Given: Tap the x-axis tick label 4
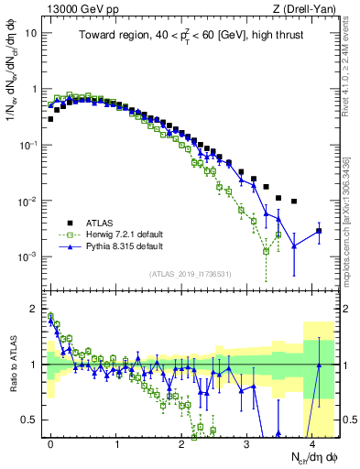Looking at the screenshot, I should click(x=311, y=442).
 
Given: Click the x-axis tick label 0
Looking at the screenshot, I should click(x=50, y=442).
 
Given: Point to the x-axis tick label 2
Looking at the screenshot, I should click(x=181, y=442).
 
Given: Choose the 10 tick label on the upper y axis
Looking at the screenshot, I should click(x=31, y=33).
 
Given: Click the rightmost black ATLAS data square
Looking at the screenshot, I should click(x=319, y=231).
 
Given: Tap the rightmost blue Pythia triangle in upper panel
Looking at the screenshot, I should click(x=319, y=231).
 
